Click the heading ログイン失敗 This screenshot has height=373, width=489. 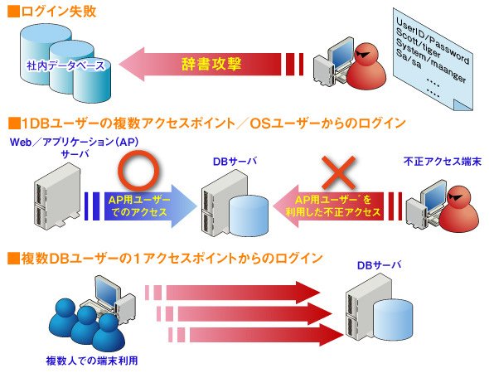coord(58,12)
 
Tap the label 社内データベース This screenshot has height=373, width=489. coord(65,65)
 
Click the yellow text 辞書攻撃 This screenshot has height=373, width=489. coord(211,65)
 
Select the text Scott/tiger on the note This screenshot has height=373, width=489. coord(418,42)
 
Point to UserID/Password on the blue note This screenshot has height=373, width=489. coord(433,41)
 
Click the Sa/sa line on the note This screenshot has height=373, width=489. coord(409,59)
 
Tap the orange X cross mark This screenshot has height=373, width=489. coord(338,172)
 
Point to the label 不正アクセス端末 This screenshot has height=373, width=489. coord(443,162)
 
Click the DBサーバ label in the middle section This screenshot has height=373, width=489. coord(235,162)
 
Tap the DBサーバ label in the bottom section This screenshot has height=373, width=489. coord(379,265)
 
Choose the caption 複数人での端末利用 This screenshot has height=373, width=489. coord(92,361)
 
